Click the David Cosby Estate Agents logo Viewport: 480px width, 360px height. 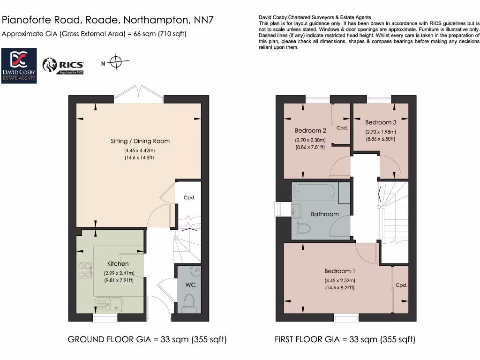(20, 66)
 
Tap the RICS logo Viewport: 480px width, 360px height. (63, 66)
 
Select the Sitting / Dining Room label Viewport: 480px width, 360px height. (140, 141)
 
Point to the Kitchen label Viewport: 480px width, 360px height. (118, 264)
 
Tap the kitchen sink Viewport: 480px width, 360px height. (108, 304)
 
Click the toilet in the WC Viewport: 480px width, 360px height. (189, 302)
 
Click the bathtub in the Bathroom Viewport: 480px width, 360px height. (315, 193)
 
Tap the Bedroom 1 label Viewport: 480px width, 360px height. (340, 271)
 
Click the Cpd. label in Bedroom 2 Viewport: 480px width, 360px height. (342, 128)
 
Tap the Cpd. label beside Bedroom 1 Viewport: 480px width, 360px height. (401, 285)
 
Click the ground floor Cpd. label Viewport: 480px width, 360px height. (189, 198)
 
